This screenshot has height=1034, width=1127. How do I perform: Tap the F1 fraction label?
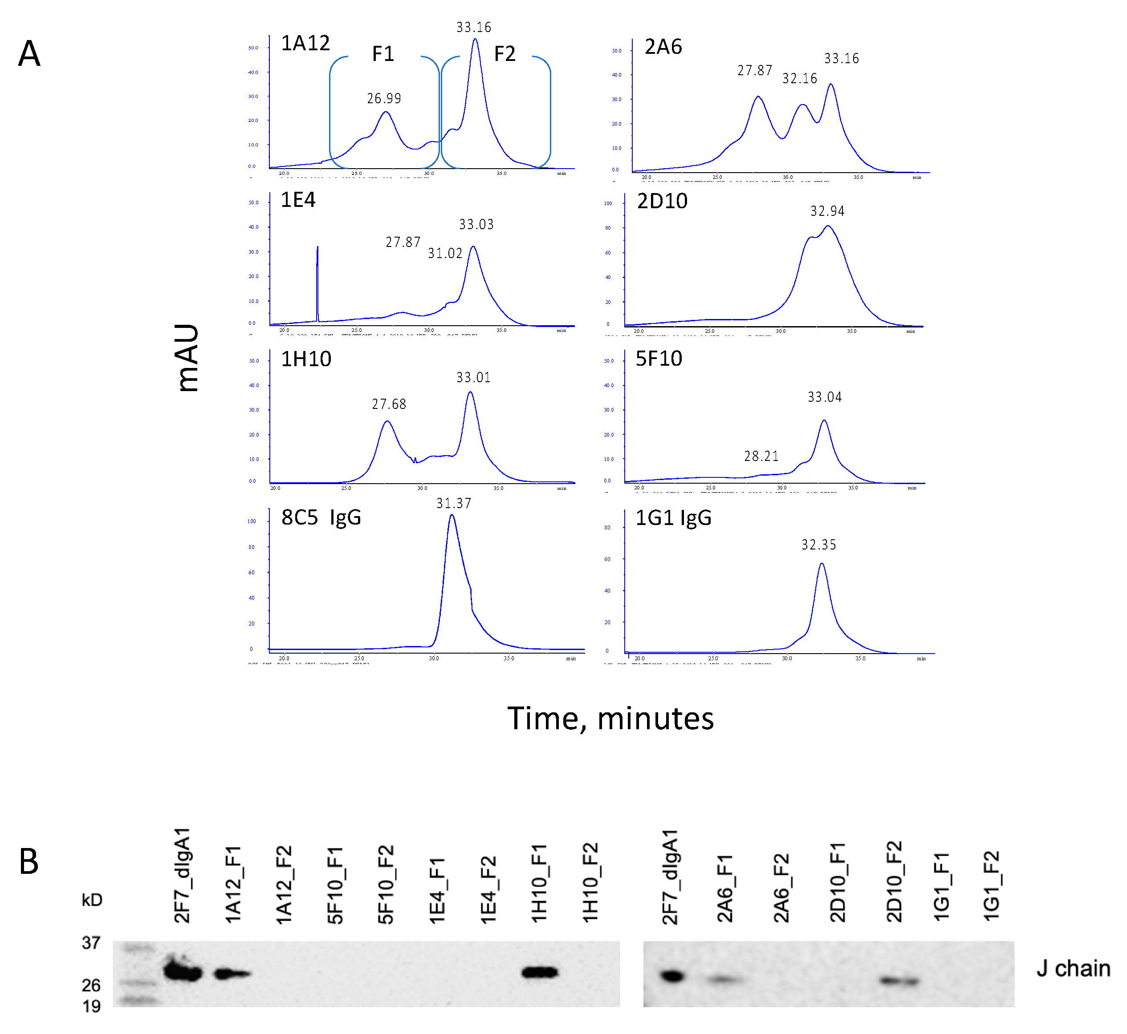pyautogui.click(x=383, y=54)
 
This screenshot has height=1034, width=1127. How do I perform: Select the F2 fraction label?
pyautogui.click(x=505, y=54)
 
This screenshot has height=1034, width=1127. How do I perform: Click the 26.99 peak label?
pyautogui.click(x=384, y=98)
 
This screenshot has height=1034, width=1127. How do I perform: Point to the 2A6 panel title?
pyautogui.click(x=663, y=46)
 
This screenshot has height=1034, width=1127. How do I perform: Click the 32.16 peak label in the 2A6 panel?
pyautogui.click(x=799, y=78)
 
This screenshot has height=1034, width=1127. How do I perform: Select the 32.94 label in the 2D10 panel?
pyautogui.click(x=827, y=211)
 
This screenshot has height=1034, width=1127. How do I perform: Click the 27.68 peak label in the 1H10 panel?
pyautogui.click(x=389, y=404)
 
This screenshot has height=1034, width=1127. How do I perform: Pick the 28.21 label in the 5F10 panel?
pyautogui.click(x=761, y=456)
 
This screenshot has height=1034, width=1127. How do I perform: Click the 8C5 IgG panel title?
pyautogui.click(x=321, y=517)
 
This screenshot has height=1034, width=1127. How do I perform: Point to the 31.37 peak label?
pyautogui.click(x=453, y=503)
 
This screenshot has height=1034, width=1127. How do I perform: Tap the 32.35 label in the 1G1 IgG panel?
pyautogui.click(x=818, y=545)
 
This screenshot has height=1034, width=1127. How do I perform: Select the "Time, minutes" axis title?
pyautogui.click(x=610, y=719)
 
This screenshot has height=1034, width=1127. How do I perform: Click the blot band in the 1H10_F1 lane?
pyautogui.click(x=540, y=973)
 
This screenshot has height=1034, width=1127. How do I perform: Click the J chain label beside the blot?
pyautogui.click(x=1073, y=969)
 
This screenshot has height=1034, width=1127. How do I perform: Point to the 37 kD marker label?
pyautogui.click(x=91, y=943)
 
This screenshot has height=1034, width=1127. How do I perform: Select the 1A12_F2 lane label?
pyautogui.click(x=284, y=884)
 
